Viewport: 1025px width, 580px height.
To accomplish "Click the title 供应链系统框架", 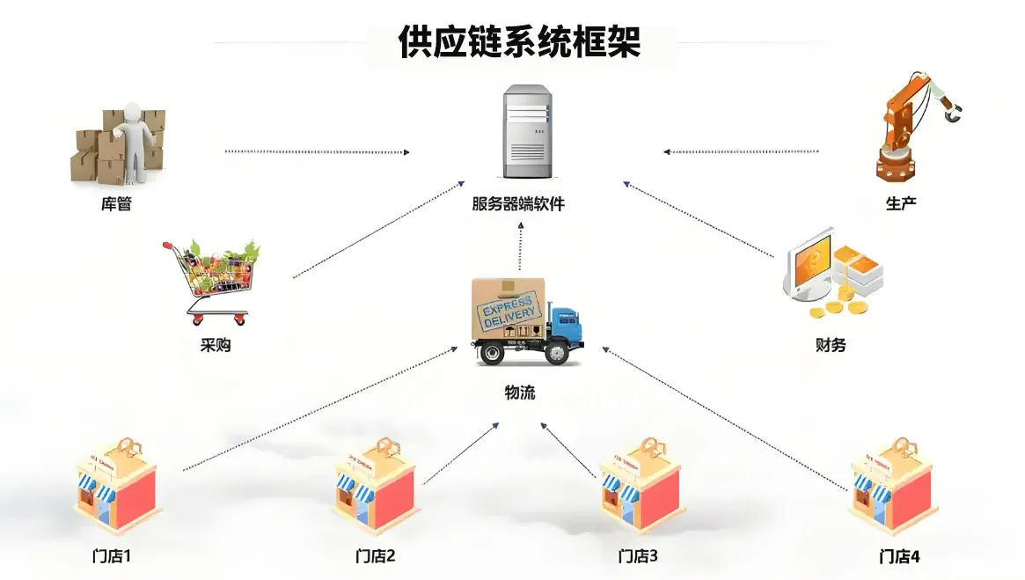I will pos(519,42).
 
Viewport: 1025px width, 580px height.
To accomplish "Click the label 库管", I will pos(116,204).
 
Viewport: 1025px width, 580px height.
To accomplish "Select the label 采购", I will pos(216,345).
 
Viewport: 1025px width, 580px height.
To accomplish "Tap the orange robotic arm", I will pos(911,123).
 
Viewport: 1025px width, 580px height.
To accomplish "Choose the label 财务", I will pos(831,345).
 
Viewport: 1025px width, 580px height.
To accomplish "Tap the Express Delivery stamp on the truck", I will pos(505,312).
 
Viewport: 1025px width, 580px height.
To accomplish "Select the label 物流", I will pos(519,393).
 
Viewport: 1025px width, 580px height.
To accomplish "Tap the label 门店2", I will pos(376,556).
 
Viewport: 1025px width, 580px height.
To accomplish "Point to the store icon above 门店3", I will pos(640,487).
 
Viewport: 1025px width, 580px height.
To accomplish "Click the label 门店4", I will pos(899,556).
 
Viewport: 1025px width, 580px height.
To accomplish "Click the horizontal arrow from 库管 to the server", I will pos(317,152).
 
